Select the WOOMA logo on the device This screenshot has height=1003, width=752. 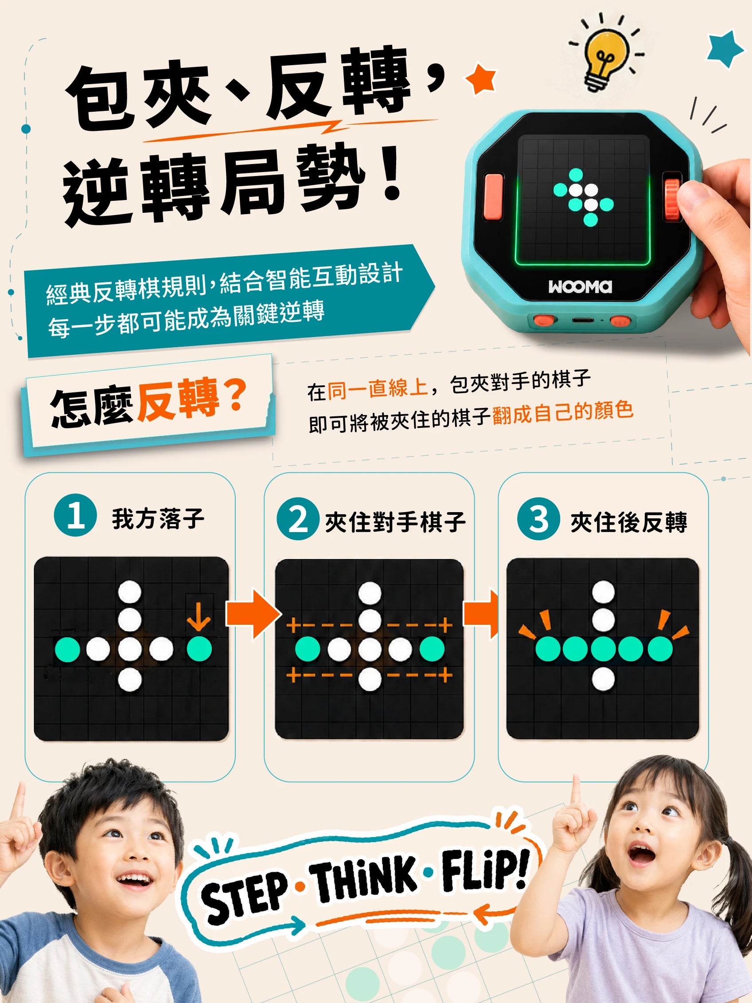tap(580, 286)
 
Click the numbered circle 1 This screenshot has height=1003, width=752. tap(75, 515)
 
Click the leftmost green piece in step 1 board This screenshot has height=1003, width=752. tap(67, 649)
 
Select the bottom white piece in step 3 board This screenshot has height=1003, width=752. tap(603, 679)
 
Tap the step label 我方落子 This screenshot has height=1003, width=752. tap(158, 519)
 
